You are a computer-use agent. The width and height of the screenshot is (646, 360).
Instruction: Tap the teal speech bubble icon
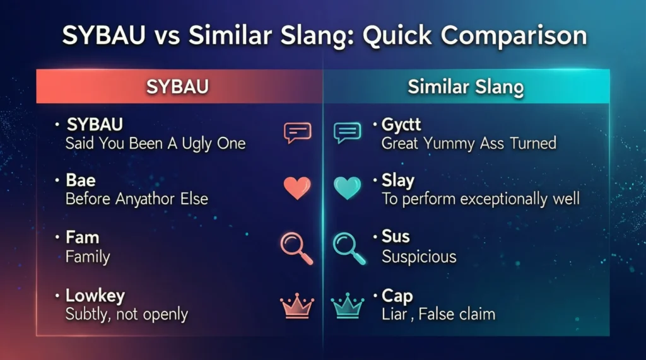(x=347, y=132)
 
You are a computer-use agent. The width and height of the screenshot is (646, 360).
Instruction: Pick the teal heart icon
(x=347, y=188)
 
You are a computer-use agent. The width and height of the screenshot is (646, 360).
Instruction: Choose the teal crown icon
(x=347, y=305)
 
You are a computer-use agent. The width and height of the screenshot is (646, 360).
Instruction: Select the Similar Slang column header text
(x=466, y=87)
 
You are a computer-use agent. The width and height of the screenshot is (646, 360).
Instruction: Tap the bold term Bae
(x=81, y=181)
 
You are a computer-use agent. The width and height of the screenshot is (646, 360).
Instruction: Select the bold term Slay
(x=397, y=181)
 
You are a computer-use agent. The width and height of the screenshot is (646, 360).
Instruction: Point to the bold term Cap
(x=396, y=295)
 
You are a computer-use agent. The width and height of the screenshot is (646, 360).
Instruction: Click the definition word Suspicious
(x=419, y=257)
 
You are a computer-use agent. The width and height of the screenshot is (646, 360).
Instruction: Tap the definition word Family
(x=88, y=257)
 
